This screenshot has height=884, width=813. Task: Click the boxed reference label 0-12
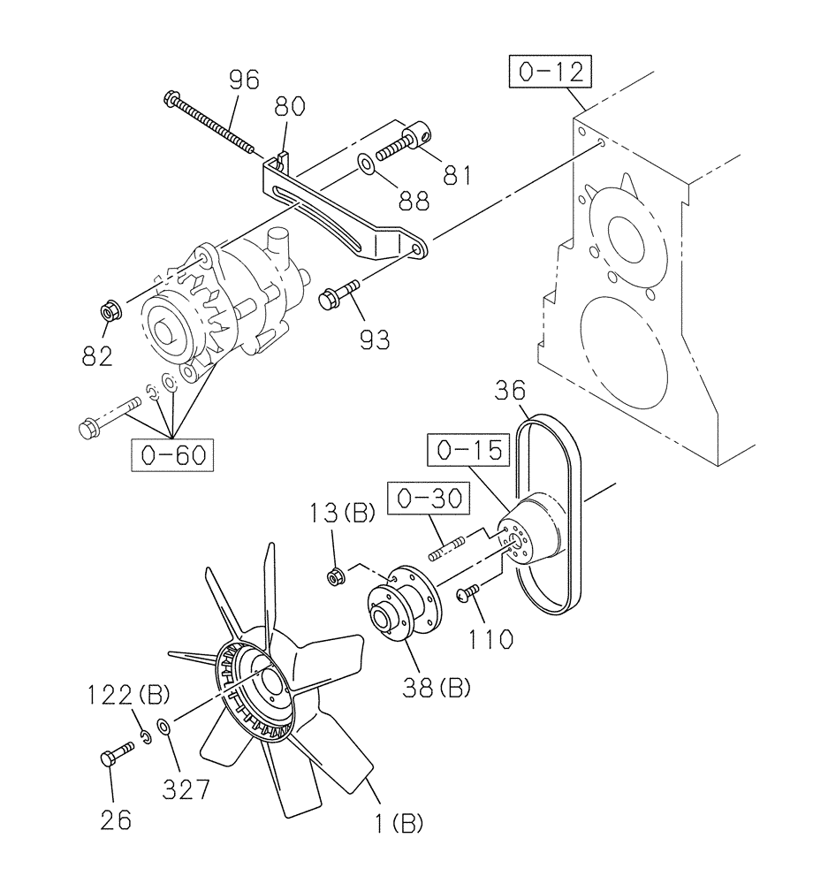[550, 73]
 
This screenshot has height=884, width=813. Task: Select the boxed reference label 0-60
[173, 455]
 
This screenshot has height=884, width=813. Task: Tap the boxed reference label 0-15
[470, 451]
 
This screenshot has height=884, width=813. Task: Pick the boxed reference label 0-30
[428, 499]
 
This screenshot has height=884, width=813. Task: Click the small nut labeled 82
[111, 312]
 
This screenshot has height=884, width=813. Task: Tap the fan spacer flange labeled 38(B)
[402, 607]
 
